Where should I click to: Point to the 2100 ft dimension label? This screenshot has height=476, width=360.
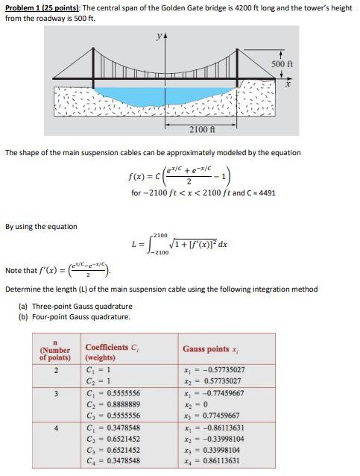click(x=201, y=130)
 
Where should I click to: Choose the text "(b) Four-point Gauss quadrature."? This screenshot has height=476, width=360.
click(x=75, y=316)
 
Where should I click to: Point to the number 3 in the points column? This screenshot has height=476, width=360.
click(x=55, y=392)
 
